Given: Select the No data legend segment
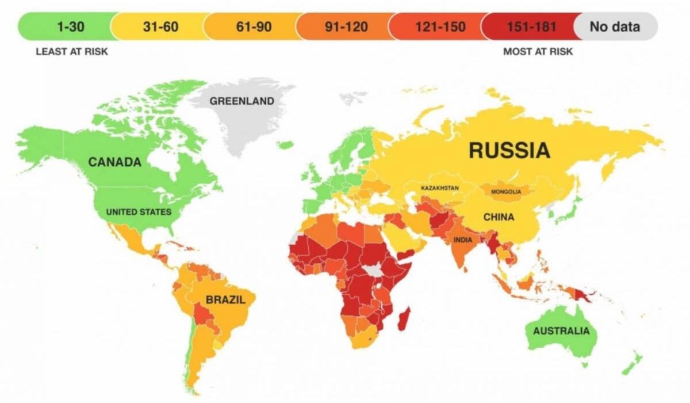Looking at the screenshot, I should [615, 26].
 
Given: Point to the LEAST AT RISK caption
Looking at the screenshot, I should [72, 51].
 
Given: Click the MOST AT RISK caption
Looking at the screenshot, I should [538, 51].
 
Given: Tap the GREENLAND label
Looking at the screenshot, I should [241, 101].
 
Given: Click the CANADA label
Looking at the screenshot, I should [114, 162].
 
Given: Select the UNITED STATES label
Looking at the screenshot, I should [139, 212].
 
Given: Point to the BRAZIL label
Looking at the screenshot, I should [225, 300].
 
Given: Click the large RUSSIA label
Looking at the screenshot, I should [509, 150].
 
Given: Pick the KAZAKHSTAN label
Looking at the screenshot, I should [440, 188].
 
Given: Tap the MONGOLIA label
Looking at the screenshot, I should [506, 192].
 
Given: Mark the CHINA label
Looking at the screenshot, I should [499, 218].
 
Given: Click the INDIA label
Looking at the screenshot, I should [464, 240].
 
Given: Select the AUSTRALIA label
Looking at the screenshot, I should [561, 331].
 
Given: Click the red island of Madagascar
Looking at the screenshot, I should [404, 318].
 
